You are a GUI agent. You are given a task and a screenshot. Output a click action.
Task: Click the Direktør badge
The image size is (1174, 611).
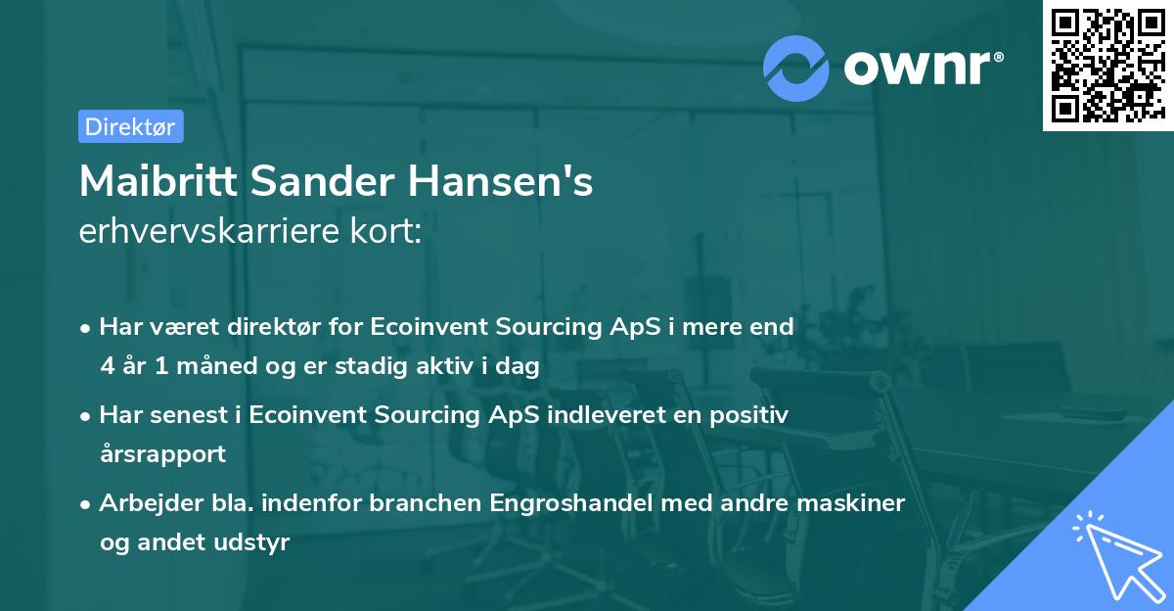tap(130, 126)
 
